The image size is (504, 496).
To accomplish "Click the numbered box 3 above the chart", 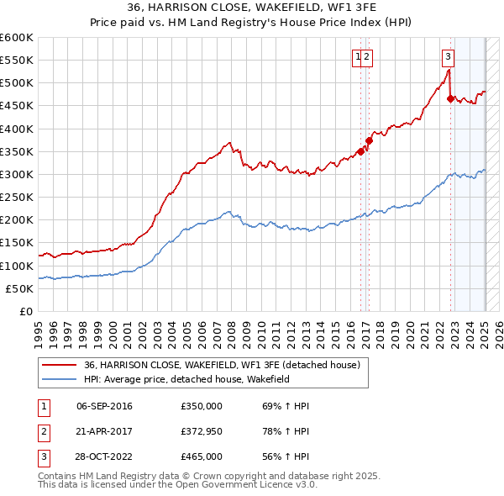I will [x=449, y=57].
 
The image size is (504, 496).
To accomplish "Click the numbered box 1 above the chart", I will [x=359, y=57].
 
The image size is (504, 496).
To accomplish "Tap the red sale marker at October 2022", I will [x=451, y=98].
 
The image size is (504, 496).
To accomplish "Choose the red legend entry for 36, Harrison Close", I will [x=222, y=365].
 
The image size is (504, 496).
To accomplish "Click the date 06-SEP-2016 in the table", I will [x=104, y=407].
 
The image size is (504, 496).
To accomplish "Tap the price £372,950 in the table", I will [x=202, y=432].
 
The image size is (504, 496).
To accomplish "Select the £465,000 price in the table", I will [x=202, y=457].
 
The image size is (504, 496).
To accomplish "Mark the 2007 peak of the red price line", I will [x=228, y=143].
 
